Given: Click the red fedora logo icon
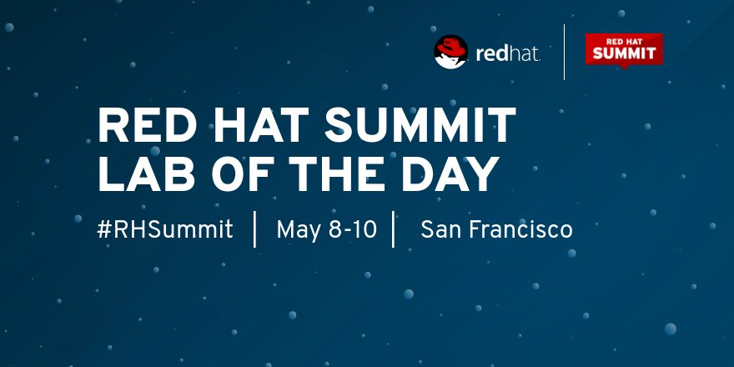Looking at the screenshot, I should tap(450, 52).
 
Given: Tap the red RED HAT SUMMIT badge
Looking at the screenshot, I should tap(623, 50).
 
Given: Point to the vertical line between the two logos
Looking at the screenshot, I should tap(565, 52).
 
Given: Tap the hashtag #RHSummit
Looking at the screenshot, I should tap(165, 229).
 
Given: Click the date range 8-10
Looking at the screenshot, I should tap(354, 229).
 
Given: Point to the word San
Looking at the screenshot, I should tap(440, 229).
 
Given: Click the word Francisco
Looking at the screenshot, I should tap(520, 229).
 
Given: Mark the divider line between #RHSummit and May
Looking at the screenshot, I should tap(254, 229).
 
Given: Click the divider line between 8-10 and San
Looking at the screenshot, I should tap(393, 229).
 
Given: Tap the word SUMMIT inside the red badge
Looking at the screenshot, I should tap(624, 54).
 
